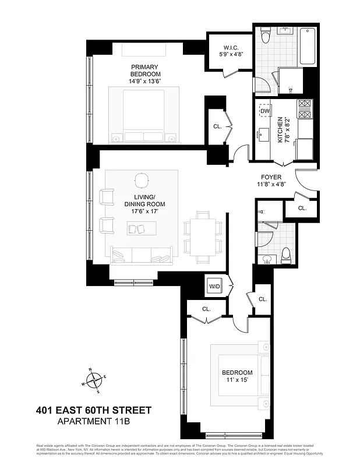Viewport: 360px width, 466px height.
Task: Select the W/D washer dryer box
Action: tap(214, 287)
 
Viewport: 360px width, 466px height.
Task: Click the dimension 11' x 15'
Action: tap(237, 380)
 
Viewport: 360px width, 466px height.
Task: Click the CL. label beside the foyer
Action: tap(302, 208)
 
